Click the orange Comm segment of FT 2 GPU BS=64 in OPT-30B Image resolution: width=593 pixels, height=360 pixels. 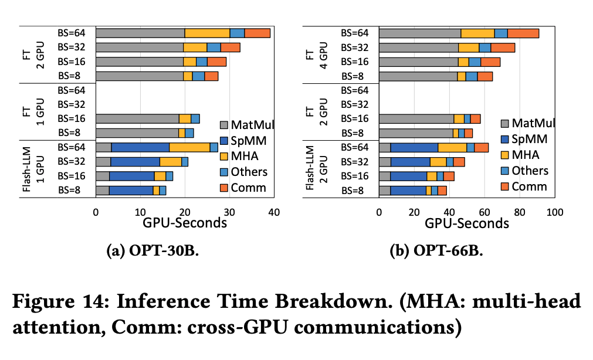tap(257, 33)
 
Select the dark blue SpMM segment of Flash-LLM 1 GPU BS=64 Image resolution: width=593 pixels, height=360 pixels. tap(140, 147)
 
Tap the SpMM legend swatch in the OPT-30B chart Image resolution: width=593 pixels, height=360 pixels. tap(225, 140)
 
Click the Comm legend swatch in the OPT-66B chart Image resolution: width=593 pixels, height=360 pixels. tap(505, 186)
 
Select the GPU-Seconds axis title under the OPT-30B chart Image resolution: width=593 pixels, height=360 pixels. tap(185, 223)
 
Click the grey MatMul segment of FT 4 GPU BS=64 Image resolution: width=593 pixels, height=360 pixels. tap(419, 33)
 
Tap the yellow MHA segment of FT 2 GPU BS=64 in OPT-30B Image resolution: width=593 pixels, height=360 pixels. tap(207, 33)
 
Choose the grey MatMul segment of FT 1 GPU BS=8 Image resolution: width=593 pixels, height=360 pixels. tap(137, 133)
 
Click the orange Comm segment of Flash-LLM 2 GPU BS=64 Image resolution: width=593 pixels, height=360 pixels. tap(481, 147)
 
